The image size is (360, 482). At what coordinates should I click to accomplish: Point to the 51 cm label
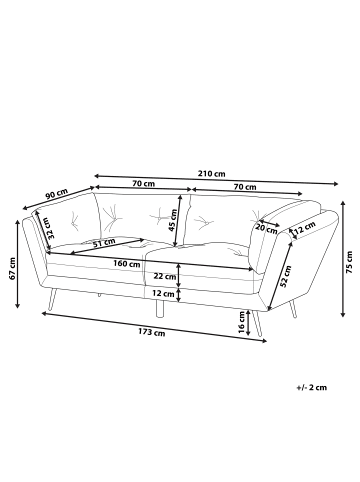[103, 242]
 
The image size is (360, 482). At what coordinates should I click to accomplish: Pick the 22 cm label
[164, 277]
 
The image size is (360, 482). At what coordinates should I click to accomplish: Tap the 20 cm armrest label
[266, 227]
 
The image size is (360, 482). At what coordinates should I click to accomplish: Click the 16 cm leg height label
[242, 321]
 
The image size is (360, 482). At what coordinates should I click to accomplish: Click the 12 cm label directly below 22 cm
[164, 294]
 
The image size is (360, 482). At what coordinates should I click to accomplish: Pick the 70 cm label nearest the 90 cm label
[142, 184]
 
